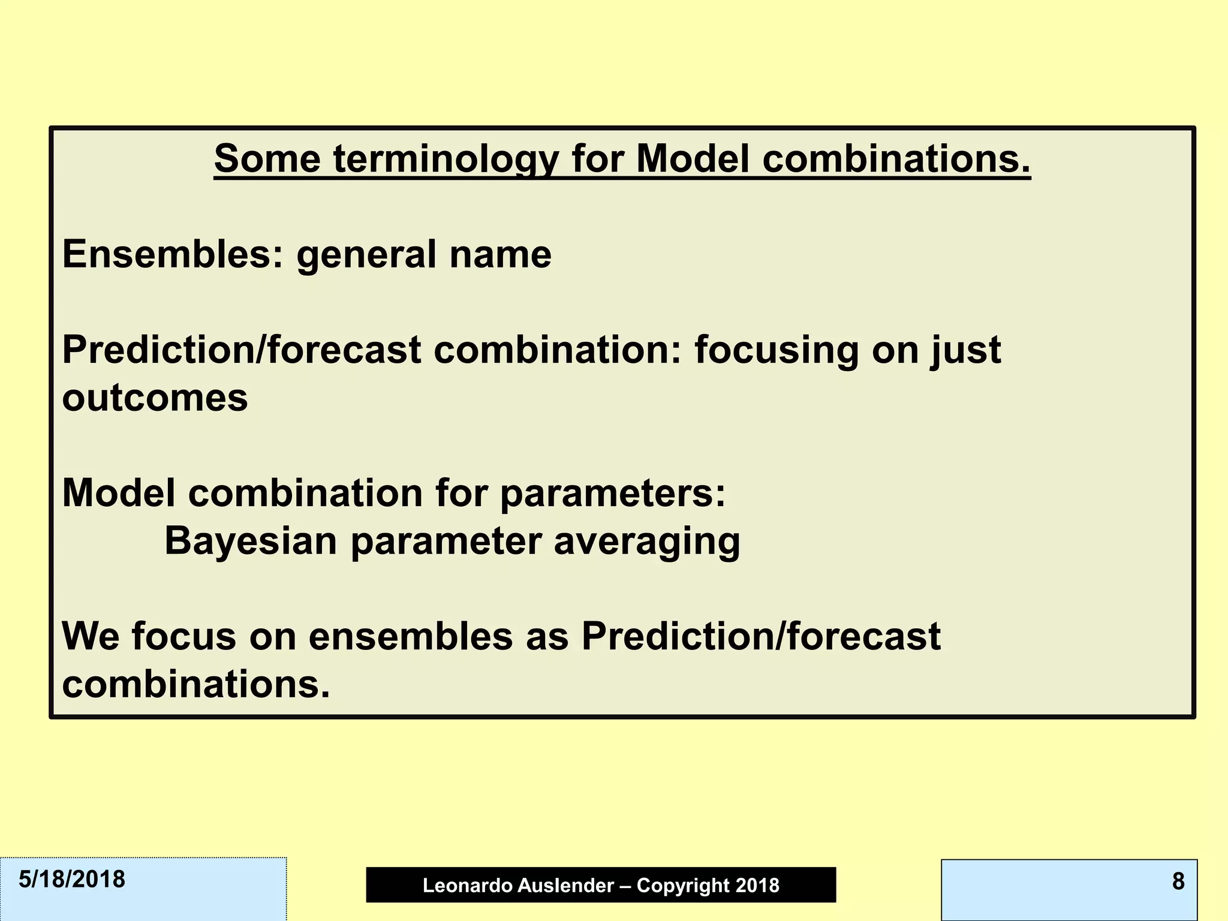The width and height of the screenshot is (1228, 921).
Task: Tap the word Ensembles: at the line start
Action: (x=173, y=254)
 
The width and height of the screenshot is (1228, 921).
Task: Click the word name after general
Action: (x=501, y=254)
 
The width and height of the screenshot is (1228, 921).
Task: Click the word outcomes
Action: (x=155, y=398)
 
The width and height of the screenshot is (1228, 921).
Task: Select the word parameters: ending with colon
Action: (x=613, y=493)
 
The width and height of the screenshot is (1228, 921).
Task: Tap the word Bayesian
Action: (x=251, y=541)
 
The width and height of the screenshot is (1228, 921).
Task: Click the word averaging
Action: (x=646, y=541)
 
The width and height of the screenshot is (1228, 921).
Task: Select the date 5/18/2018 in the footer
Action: (x=72, y=880)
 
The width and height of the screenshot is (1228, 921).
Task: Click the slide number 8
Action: (x=1178, y=881)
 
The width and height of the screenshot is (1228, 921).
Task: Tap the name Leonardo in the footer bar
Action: (x=459, y=886)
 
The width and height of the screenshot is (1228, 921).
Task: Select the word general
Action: (x=366, y=254)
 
